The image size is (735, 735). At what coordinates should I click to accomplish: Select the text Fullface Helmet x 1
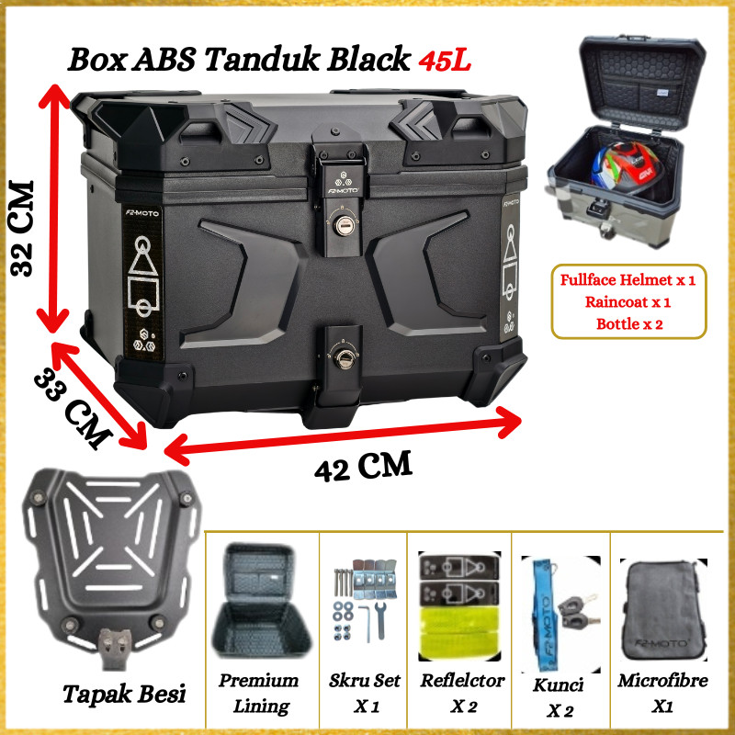click(x=628, y=280)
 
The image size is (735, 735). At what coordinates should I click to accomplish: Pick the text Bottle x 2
click(x=628, y=322)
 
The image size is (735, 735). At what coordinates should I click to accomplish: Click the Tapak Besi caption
click(x=124, y=693)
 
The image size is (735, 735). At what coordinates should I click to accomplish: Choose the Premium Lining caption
click(x=259, y=693)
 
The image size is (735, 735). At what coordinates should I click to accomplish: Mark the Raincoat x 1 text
click(x=628, y=301)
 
